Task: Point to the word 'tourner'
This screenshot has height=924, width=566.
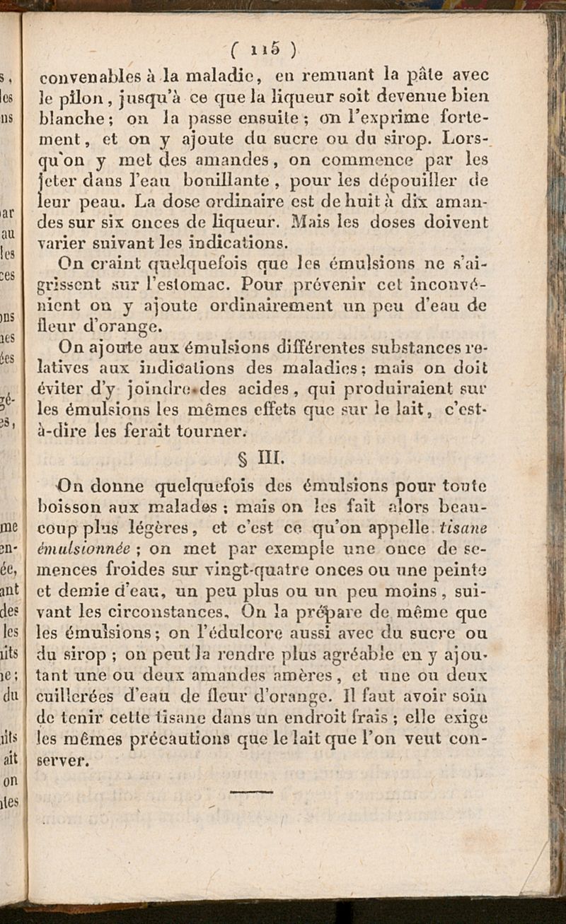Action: point(213,429)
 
